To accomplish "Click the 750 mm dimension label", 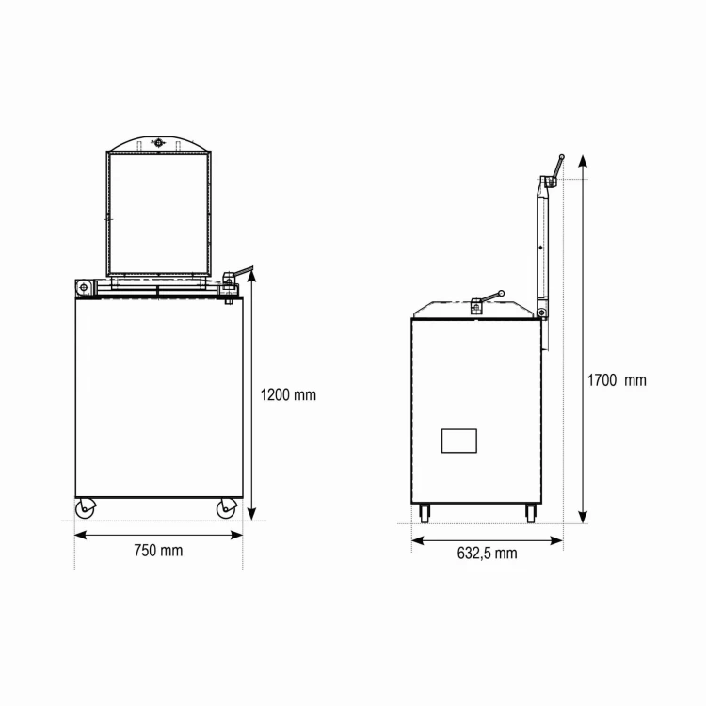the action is [x=158, y=551].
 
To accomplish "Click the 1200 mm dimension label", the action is [x=288, y=394].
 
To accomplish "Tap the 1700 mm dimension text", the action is [x=617, y=380].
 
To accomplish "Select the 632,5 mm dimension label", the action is [x=487, y=553].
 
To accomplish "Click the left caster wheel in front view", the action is [x=85, y=508].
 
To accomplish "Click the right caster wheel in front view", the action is [x=227, y=508].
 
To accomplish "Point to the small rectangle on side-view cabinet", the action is [x=458, y=441].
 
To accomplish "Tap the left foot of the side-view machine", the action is [x=425, y=513].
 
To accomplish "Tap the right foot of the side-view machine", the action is [x=531, y=513].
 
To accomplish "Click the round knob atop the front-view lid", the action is [x=158, y=143].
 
